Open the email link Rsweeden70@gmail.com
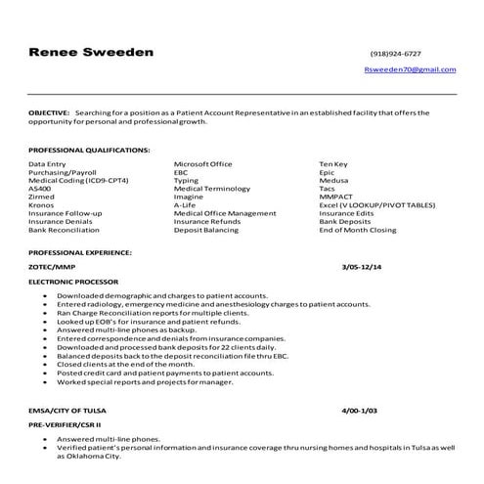click(409, 70)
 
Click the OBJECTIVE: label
click(49, 113)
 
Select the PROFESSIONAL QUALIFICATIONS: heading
click(89, 150)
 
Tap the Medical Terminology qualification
click(212, 188)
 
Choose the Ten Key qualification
click(336, 163)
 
